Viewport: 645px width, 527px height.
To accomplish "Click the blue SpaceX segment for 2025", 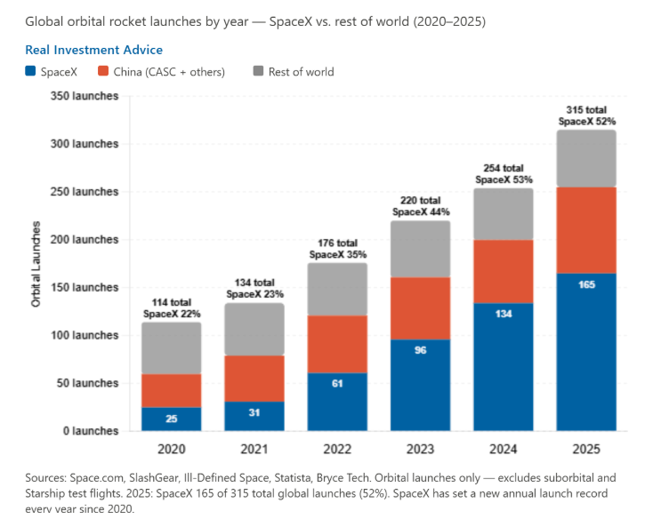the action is coord(586,352).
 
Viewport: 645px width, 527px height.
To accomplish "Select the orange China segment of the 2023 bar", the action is coord(421,308).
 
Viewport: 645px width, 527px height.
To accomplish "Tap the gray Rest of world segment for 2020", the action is coord(172,347).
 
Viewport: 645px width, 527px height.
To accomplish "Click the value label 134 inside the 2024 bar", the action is coord(504,314).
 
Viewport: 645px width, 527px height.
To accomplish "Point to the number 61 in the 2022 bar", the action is coord(337,383).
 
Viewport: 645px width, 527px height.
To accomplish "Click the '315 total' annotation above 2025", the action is coord(586,109).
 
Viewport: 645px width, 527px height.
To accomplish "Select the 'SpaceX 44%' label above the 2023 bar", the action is coord(421,212).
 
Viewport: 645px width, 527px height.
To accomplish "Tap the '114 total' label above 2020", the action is coord(172,302).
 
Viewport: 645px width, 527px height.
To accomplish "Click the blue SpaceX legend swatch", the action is coord(30,71).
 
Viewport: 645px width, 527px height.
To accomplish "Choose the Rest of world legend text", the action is coord(301,72).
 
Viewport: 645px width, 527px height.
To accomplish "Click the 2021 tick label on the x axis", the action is coord(254,449).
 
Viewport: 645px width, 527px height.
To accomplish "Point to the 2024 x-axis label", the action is coord(503,449).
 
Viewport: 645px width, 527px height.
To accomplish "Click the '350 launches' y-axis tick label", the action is coord(85,96).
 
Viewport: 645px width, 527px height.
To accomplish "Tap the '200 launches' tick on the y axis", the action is coord(85,239).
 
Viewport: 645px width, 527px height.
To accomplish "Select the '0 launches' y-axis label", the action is coord(91,431).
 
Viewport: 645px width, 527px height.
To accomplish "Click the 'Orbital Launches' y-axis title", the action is coord(36,264).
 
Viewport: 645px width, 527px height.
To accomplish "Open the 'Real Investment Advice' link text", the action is coord(93,50).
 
